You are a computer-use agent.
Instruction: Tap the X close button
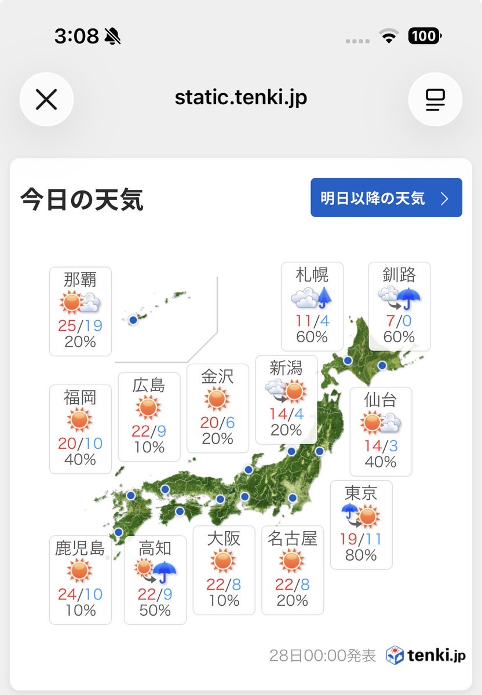pos(46,100)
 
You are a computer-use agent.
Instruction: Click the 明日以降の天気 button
pos(386,198)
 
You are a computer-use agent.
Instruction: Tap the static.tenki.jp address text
pos(241,97)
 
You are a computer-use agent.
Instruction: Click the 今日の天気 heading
pos(82,200)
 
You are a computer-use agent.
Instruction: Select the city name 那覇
pos(80,280)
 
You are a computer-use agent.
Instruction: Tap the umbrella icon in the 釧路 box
pos(410,299)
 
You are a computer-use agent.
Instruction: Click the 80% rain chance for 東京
pos(361,555)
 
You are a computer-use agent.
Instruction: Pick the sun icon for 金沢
pos(217,400)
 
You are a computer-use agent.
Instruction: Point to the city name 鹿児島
pos(80,548)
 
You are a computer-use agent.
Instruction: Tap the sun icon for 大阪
pos(223,561)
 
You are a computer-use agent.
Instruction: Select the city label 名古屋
pos(293,539)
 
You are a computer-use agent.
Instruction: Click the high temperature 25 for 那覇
pos(67,325)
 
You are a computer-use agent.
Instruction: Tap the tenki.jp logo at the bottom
pos(426,655)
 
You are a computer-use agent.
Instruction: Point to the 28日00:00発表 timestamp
pos(322,656)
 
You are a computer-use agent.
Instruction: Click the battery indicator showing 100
pos(425,36)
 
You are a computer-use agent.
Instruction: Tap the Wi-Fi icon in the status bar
pos(389,36)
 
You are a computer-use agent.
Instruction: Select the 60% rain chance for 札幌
pos(312,336)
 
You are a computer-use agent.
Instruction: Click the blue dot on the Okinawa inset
pos(133,320)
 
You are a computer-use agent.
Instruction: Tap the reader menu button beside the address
pos(434,100)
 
